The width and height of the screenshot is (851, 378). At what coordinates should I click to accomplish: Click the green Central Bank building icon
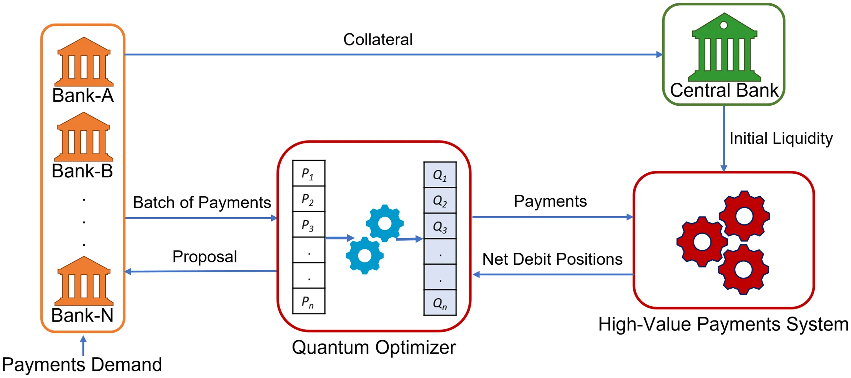click(x=724, y=48)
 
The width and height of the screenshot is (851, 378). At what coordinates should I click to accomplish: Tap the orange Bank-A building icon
click(x=84, y=62)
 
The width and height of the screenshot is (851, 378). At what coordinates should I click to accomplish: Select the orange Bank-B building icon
click(x=83, y=138)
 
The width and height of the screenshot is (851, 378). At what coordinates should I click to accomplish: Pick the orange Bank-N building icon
click(x=84, y=282)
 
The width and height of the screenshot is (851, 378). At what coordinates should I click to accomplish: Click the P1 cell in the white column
click(x=308, y=173)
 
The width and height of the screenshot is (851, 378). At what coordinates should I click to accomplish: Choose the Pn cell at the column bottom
click(x=308, y=302)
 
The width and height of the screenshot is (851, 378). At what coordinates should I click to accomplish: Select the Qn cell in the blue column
click(x=439, y=303)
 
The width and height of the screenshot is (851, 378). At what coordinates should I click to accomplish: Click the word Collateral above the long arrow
click(x=378, y=40)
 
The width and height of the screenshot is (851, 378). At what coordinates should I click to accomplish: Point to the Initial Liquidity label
click(x=781, y=138)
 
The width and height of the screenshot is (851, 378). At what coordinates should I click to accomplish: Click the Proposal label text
click(x=204, y=256)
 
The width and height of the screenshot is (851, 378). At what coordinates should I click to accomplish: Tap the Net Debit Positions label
click(x=552, y=259)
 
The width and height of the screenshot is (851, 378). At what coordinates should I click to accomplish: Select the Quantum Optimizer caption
click(x=374, y=347)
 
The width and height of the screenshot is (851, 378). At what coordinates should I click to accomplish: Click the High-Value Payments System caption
click(x=723, y=324)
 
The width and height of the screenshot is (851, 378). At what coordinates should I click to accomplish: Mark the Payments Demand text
click(x=82, y=365)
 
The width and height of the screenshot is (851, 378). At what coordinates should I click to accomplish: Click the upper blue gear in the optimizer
click(x=385, y=223)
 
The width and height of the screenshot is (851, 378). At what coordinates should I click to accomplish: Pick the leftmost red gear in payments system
click(x=701, y=241)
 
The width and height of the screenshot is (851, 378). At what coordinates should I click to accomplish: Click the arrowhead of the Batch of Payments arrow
click(x=274, y=218)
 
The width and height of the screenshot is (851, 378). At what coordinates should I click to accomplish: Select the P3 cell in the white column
click(x=308, y=225)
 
